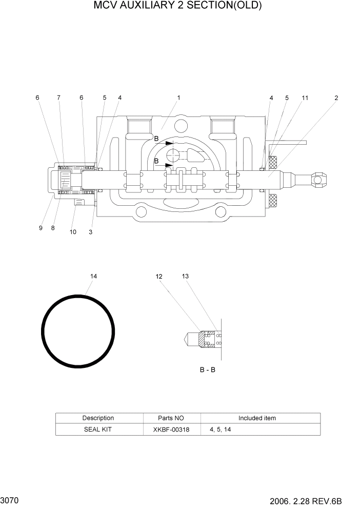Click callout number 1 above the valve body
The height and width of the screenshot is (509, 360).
point(178,97)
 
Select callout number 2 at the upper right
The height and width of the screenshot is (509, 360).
point(336,97)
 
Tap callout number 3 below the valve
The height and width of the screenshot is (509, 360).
point(91,232)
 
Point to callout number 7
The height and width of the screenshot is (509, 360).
point(58,97)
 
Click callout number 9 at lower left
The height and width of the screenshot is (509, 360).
point(41,228)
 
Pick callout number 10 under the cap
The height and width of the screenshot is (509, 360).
point(73,232)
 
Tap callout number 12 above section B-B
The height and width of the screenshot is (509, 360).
point(159,277)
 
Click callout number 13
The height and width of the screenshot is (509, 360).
point(185,277)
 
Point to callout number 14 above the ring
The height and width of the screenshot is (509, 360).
point(93,277)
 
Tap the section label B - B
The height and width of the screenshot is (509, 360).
point(207,369)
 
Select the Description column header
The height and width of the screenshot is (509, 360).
point(98,418)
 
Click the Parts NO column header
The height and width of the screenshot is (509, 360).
point(171,418)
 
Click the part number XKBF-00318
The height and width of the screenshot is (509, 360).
point(171,429)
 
